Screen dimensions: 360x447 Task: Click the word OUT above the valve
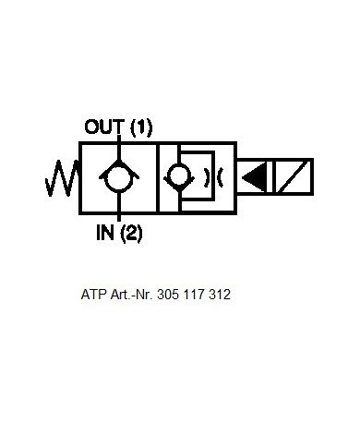104,127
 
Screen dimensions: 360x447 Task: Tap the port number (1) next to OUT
141,127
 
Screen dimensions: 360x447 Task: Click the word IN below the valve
105,232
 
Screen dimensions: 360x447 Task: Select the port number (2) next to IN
131,233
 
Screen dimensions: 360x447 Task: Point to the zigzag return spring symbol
62,178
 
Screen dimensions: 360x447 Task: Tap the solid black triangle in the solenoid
254,177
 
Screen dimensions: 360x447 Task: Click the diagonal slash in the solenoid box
294,177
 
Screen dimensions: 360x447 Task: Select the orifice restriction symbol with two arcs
213,177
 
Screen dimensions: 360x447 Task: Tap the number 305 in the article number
168,295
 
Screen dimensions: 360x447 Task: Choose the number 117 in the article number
194,295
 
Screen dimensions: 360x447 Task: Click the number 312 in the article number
220,295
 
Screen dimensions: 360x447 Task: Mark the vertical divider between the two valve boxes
158,177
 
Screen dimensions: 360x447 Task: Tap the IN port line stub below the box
119,217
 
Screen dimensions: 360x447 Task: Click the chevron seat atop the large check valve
119,169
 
